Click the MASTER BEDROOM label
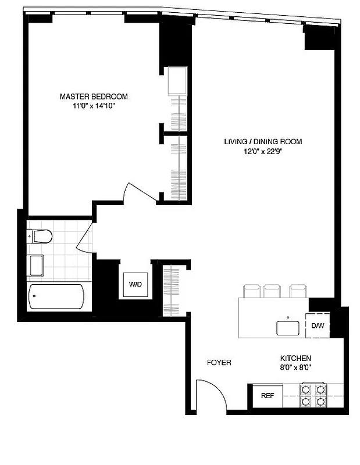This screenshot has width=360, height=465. click(94, 96)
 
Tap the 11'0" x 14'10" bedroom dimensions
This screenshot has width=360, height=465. click(94, 106)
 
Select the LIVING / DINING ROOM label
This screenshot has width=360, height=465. click(263, 141)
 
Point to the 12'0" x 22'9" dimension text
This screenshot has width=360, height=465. click(263, 152)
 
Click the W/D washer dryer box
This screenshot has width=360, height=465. click(135, 285)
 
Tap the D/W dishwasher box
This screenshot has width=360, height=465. click(318, 326)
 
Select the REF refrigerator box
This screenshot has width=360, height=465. click(267, 396)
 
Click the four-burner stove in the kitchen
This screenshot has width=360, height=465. click(312, 395)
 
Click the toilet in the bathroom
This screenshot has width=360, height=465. click(41, 236)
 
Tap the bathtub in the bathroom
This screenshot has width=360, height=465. click(56, 297)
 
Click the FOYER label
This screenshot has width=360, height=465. click(219, 363)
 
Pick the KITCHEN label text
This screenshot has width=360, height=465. click(295, 358)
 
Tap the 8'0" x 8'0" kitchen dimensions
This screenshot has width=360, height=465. click(295, 368)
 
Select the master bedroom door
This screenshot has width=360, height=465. click(131, 192)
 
